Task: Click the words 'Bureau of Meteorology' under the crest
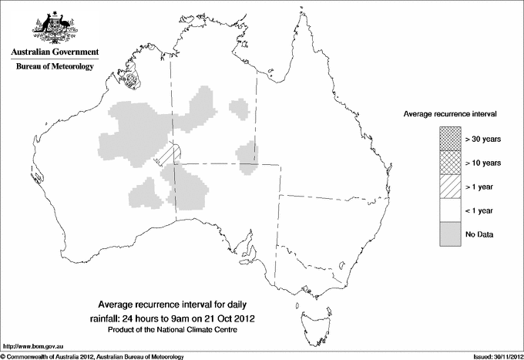tap(54, 67)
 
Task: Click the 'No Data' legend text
tap(479, 234)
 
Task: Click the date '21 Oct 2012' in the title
tap(230, 318)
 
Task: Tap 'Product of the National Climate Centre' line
tap(178, 330)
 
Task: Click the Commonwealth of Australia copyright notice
tap(92, 356)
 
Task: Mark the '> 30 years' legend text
tap(483, 139)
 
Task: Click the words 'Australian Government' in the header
tap(54, 52)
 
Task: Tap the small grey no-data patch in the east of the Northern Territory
tap(246, 153)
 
